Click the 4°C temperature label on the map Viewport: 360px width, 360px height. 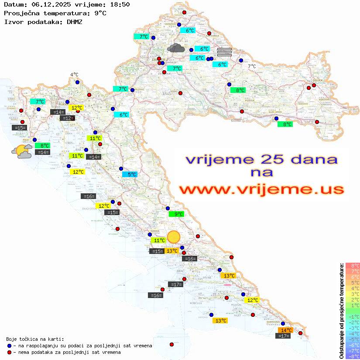click(74, 75)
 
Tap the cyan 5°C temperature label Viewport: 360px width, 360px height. click(130, 175)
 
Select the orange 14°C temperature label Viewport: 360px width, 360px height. click(286, 330)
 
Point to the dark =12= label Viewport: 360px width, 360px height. click(67, 118)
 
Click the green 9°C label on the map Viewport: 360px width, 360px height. click(177, 214)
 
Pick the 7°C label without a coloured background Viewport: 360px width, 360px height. click(252, 66)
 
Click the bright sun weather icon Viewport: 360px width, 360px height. click(174, 237)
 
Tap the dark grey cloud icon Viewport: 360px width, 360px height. click(175, 48)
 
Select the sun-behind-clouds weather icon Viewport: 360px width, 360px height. click(21, 151)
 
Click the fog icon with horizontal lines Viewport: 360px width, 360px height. click(224, 52)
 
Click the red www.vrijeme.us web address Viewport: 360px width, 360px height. click(261, 189)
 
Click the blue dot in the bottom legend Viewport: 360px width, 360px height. click(9, 346)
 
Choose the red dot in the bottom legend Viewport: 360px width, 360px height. click(9, 352)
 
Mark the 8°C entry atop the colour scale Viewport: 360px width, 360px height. click(353, 265)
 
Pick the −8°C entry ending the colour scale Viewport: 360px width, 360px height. click(353, 356)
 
